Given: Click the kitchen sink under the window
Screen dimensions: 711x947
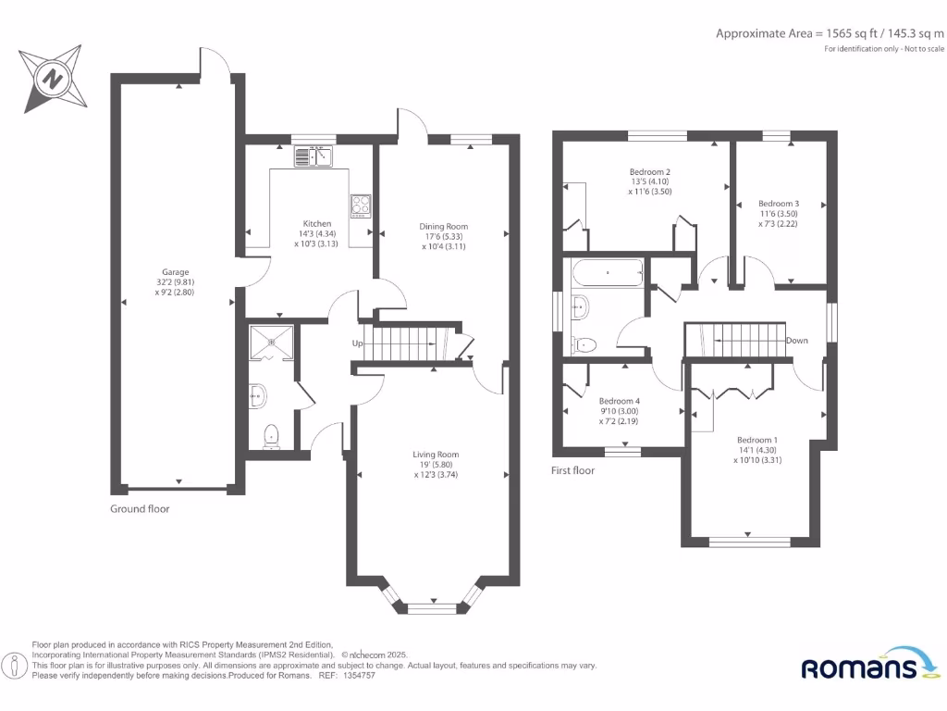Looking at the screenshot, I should [x=314, y=157].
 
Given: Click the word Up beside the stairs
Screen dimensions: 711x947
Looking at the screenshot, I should [x=357, y=343].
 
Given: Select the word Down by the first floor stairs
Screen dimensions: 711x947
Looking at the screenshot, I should [x=796, y=341].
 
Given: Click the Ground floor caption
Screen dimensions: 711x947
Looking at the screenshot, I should [x=140, y=508].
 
